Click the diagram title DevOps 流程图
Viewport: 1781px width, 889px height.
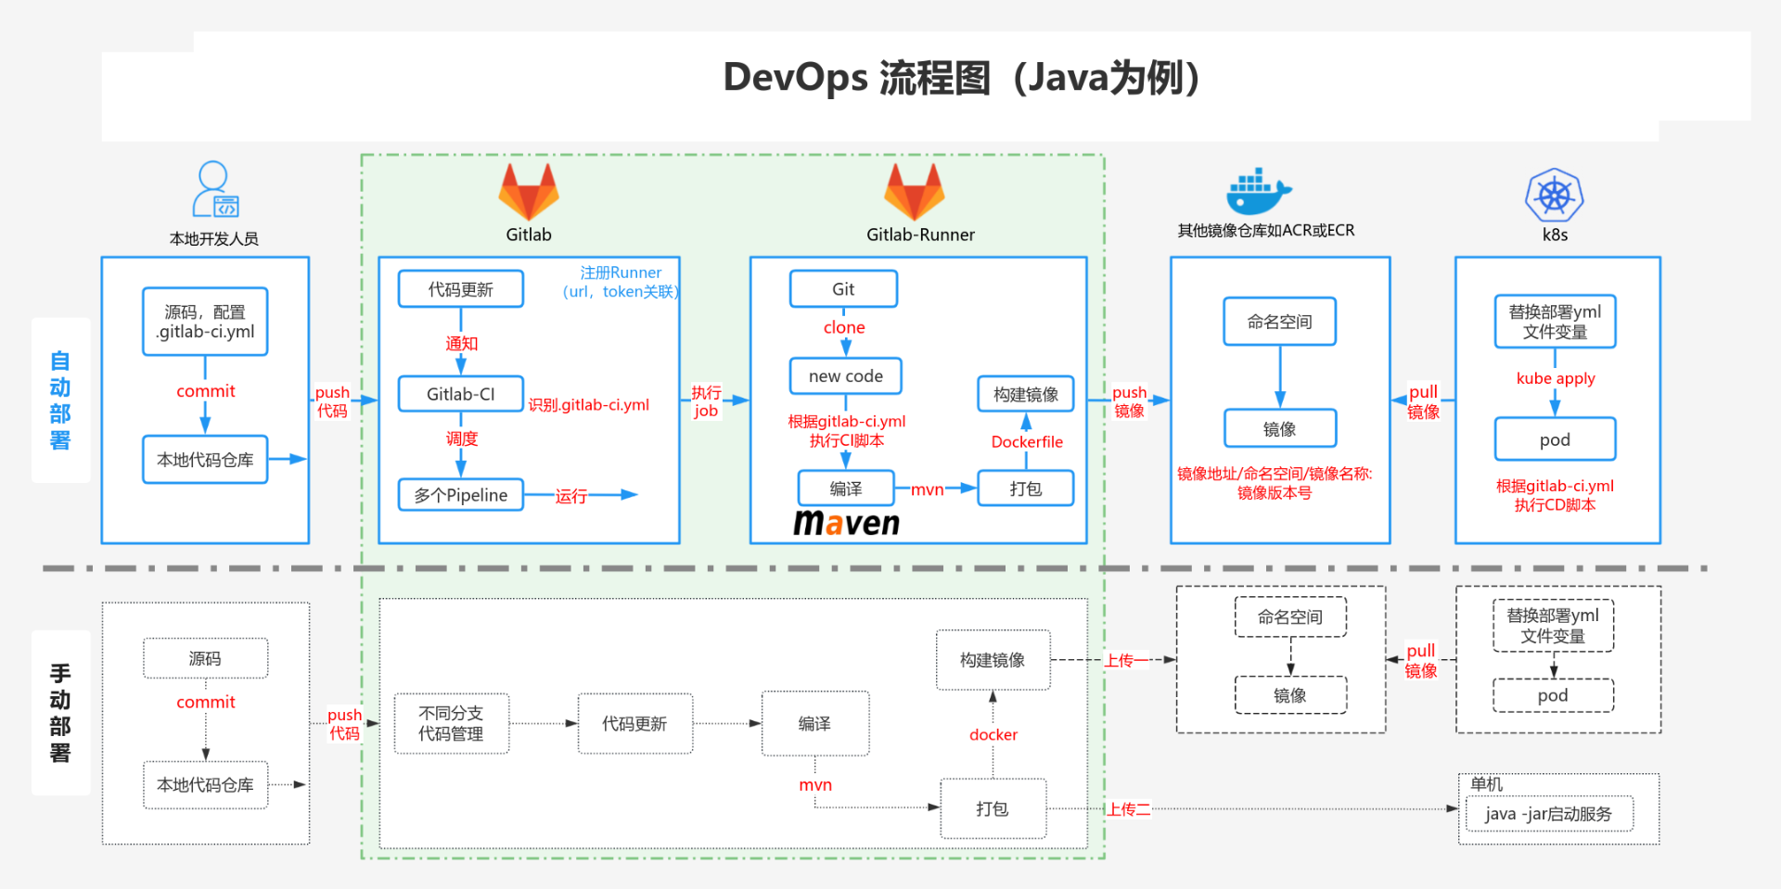click(x=960, y=78)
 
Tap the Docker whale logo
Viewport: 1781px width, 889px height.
click(x=1257, y=193)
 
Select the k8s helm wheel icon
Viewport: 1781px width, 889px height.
click(x=1555, y=196)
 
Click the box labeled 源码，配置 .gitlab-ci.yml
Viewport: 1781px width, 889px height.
click(x=205, y=322)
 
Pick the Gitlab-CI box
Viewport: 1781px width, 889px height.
click(x=461, y=394)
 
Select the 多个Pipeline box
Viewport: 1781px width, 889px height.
click(x=461, y=495)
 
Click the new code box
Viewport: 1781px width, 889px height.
click(x=845, y=376)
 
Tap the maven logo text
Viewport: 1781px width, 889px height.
click(x=846, y=524)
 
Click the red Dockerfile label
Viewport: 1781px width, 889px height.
click(x=1027, y=442)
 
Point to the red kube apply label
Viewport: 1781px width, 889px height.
click(x=1556, y=378)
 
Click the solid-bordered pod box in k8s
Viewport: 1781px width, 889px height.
click(x=1555, y=439)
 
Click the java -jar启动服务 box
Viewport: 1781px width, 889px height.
click(x=1548, y=814)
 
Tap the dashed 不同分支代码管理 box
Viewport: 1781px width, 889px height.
click(x=451, y=723)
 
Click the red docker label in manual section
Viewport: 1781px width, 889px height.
click(x=993, y=735)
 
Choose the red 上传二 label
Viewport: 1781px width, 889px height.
click(x=1128, y=809)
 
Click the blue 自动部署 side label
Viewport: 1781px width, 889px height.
click(x=60, y=400)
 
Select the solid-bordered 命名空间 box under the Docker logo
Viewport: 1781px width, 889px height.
click(x=1279, y=322)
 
